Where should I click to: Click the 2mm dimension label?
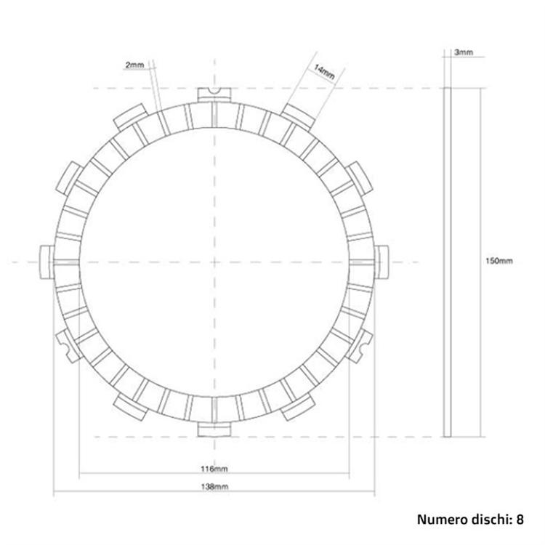134,65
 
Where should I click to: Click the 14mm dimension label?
323,72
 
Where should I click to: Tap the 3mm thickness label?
463,53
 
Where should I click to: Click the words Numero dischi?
462,519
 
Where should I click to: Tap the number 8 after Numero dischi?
520,519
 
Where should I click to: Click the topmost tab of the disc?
214,94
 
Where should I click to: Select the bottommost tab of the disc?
214,429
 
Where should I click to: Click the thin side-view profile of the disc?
448,262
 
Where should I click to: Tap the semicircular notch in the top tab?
214,90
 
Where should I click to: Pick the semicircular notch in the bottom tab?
214,434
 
